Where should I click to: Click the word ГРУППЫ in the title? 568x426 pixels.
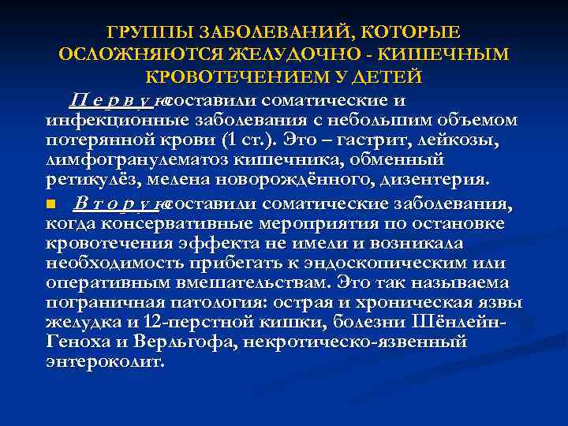point(148,33)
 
